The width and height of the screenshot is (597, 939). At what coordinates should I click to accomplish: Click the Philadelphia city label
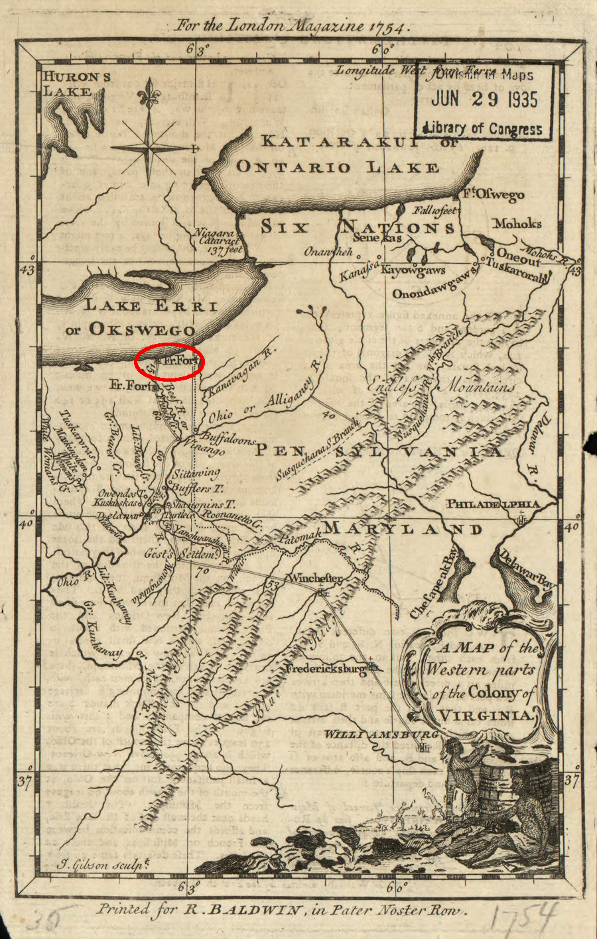click(x=492, y=504)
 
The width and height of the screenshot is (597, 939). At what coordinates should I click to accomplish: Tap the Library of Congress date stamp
click(x=484, y=101)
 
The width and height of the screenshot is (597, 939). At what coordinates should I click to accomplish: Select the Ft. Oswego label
click(x=493, y=194)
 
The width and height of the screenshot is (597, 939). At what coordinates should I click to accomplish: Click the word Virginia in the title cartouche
click(x=486, y=715)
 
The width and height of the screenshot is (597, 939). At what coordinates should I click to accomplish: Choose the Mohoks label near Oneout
click(x=517, y=224)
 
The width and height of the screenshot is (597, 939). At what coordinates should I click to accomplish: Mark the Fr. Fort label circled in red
click(x=180, y=362)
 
